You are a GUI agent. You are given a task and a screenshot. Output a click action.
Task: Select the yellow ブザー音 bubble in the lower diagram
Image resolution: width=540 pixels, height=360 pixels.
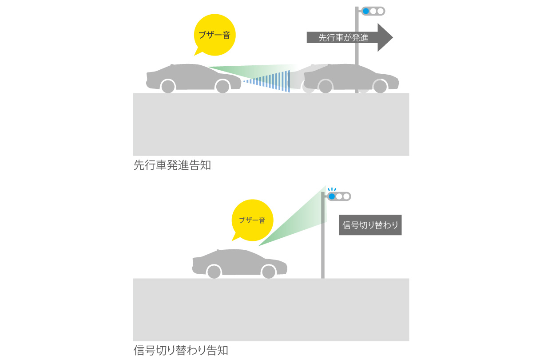(252, 220)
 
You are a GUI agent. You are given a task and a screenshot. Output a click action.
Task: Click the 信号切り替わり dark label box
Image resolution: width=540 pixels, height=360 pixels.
(370, 225)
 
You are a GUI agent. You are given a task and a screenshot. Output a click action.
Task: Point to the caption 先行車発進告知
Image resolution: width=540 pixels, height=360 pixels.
(172, 166)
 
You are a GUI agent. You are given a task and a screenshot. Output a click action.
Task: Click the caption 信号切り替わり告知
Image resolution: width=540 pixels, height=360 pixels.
(181, 350)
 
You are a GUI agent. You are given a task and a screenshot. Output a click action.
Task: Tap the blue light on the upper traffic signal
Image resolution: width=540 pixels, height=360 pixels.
(366, 11)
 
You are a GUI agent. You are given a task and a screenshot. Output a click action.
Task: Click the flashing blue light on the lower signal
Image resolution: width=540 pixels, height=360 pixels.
(332, 196)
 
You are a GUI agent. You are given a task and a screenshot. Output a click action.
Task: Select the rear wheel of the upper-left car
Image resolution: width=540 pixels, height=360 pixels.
(168, 86)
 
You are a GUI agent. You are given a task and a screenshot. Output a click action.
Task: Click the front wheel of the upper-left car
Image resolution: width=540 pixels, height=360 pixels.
(222, 86)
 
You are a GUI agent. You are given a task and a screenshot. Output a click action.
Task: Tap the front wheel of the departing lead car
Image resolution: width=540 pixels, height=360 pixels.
(380, 86)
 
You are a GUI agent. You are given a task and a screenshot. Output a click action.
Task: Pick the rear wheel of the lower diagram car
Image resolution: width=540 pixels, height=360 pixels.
(214, 271)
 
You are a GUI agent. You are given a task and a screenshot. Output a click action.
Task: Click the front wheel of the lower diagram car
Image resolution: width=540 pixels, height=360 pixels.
(268, 271)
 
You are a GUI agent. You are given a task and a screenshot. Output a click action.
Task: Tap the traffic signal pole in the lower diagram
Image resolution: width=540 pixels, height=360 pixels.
(323, 249)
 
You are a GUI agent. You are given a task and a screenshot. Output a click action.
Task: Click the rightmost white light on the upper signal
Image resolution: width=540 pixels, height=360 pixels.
(380, 11)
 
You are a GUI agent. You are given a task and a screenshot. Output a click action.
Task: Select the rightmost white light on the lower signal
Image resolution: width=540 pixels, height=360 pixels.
(346, 196)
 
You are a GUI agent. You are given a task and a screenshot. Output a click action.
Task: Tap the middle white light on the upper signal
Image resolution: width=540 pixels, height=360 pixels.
(373, 11)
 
